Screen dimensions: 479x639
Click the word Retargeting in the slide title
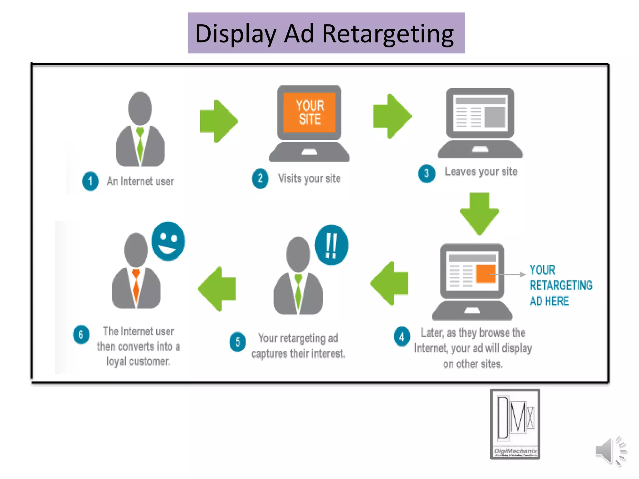(388, 34)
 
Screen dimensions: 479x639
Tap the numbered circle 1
(90, 181)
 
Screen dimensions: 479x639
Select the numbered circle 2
(260, 179)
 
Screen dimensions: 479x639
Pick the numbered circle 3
(427, 174)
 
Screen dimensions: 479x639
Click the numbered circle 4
(402, 336)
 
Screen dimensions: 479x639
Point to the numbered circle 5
(237, 342)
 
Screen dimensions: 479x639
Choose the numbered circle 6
(81, 335)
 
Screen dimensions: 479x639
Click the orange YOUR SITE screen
(310, 113)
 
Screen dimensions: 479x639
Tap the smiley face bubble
(168, 241)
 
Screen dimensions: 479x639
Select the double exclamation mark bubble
(331, 245)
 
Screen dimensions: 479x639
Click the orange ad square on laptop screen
(486, 273)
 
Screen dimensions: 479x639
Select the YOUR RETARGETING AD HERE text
(560, 285)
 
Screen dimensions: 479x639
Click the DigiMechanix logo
(515, 424)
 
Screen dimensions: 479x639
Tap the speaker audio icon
(610, 451)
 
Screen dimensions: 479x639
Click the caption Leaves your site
(481, 172)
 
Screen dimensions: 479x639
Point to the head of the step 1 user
(140, 108)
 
